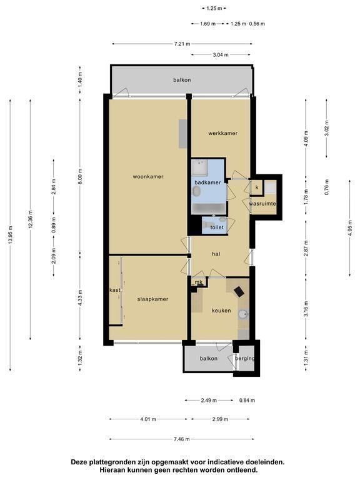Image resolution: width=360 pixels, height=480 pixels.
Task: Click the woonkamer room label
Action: click(148, 177)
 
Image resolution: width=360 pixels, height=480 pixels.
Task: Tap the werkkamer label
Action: click(223, 133)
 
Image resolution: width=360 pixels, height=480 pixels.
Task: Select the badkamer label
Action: click(207, 182)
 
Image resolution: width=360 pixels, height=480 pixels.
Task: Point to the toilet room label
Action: click(217, 227)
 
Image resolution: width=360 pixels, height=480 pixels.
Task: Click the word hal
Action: click(216, 254)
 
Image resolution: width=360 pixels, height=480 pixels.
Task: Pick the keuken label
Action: click(221, 311)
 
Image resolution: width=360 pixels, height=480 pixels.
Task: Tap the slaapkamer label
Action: click(152, 299)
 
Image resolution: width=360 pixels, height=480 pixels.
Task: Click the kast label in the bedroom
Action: click(115, 289)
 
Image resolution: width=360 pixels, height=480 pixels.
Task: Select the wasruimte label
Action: click(262, 204)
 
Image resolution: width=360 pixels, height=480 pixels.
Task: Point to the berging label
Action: click(245, 359)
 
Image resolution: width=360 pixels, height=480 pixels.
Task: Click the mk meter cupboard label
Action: click(199, 282)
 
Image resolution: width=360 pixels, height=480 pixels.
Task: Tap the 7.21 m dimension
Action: click(182, 44)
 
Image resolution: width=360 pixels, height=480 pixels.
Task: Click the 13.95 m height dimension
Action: click(11, 235)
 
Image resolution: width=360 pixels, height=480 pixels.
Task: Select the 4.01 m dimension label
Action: click(148, 419)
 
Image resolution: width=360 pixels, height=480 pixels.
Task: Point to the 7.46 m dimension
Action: click(181, 439)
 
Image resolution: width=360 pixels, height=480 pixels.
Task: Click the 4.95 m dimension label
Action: click(350, 228)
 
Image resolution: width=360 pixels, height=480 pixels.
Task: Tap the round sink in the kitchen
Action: click(243, 314)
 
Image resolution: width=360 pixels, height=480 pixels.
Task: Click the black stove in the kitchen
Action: click(239, 291)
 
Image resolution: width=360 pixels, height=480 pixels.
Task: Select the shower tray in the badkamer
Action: click(199, 167)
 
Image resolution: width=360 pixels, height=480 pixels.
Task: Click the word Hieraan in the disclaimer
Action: click(112, 469)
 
